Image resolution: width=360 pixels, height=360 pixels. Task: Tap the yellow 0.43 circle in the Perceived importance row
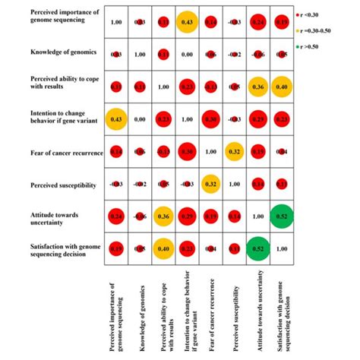[x=187, y=24]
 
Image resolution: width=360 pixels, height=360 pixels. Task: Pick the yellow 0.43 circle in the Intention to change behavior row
[x=116, y=119]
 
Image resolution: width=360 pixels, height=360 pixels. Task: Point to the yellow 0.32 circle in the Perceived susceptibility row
[x=210, y=184]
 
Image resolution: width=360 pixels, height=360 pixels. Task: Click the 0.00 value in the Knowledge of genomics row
[x=187, y=55]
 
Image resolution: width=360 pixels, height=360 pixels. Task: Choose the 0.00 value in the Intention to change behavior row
[x=140, y=119]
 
